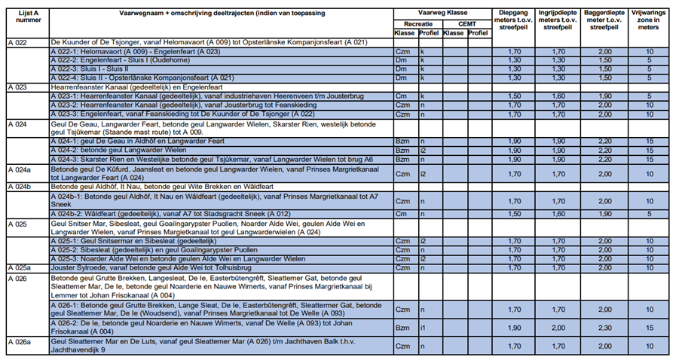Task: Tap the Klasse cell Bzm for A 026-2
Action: pos(402,328)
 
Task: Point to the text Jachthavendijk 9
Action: pos(78,349)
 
